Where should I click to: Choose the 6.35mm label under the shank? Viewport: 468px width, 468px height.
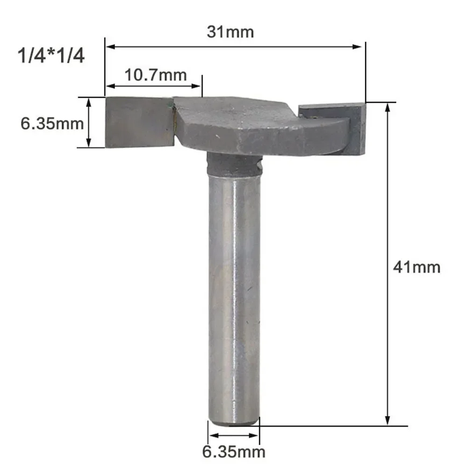233,452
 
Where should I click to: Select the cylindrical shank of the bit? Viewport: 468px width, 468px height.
234,295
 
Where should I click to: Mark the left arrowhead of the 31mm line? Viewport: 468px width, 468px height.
108,46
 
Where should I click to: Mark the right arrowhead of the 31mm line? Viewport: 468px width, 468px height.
361,46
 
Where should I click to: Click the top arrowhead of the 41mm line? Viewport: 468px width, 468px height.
387,106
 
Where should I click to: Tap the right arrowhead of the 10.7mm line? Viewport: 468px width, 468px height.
199,86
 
